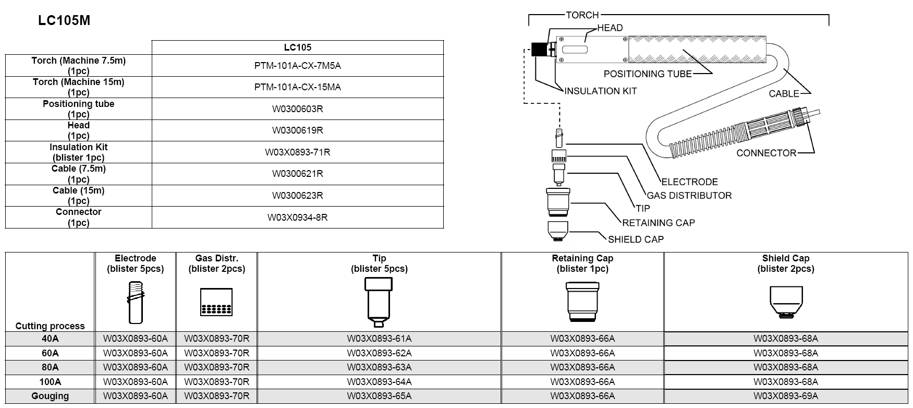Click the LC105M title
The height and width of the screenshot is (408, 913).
64,20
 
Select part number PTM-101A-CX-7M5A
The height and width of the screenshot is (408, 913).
297,65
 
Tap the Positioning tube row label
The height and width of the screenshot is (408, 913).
78,109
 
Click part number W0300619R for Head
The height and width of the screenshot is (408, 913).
297,130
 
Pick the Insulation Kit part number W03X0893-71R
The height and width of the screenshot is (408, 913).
297,152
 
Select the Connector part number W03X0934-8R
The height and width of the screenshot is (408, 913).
297,217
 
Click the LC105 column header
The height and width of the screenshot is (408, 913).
297,47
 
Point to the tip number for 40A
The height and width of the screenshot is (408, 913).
379,339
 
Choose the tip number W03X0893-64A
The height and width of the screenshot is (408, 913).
379,382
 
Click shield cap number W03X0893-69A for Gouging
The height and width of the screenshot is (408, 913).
785,396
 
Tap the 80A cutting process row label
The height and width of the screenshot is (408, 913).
50,367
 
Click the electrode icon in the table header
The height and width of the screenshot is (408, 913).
136,302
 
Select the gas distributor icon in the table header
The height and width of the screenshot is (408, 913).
216,302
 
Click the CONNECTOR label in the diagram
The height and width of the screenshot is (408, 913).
766,153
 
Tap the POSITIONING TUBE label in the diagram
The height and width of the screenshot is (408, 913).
647,74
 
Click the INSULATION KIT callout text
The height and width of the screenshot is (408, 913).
600,91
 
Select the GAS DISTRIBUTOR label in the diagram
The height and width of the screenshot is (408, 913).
689,196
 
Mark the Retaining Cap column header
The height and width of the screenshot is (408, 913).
582,263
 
